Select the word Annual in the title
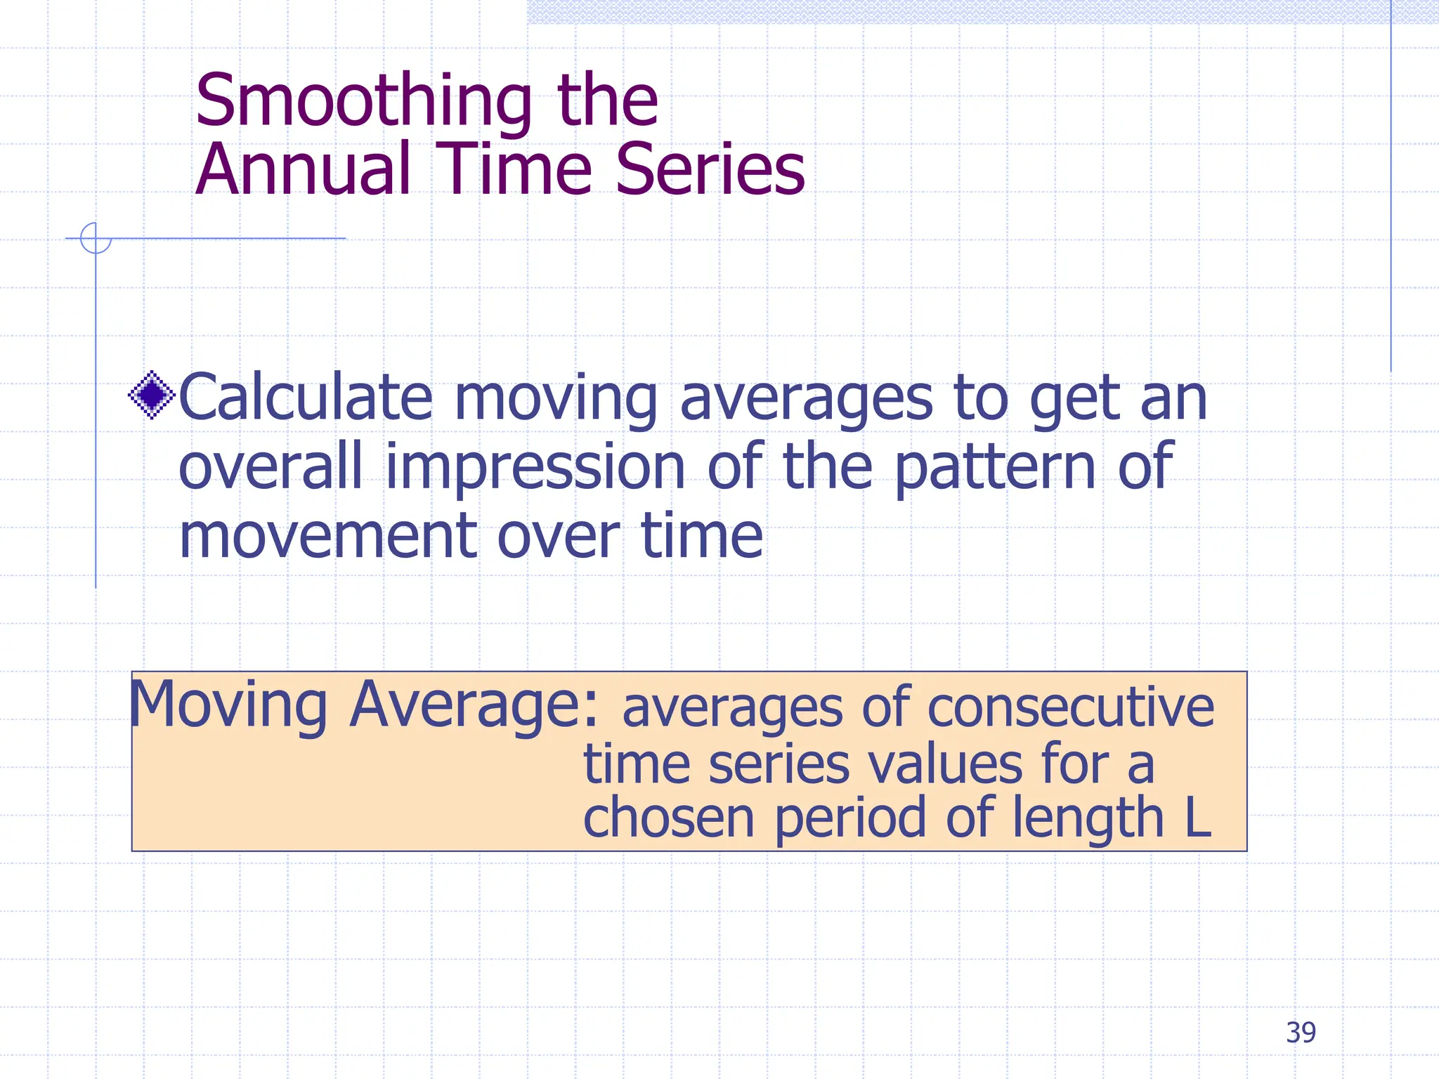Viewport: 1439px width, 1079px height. click(x=303, y=170)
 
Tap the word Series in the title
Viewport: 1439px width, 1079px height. click(x=710, y=170)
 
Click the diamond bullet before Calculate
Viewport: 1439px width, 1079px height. click(x=152, y=395)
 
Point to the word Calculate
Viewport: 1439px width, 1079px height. click(x=305, y=397)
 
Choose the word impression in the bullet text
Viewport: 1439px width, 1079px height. click(x=535, y=467)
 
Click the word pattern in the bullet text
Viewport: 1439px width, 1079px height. click(x=995, y=467)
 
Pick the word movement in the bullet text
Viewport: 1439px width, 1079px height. click(x=326, y=536)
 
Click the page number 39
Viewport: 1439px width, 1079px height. click(x=1301, y=1033)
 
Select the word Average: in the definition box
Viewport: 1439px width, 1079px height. click(x=474, y=705)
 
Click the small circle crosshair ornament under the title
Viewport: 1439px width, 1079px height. click(x=96, y=238)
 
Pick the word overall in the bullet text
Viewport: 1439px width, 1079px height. click(x=271, y=467)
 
